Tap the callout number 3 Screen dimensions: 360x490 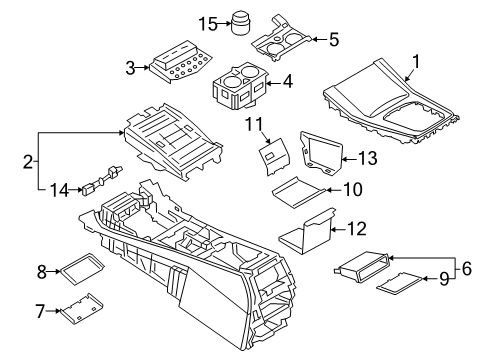[x=130, y=67]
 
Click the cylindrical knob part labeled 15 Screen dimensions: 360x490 [x=242, y=22]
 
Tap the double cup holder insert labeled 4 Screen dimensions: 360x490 [x=239, y=87]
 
